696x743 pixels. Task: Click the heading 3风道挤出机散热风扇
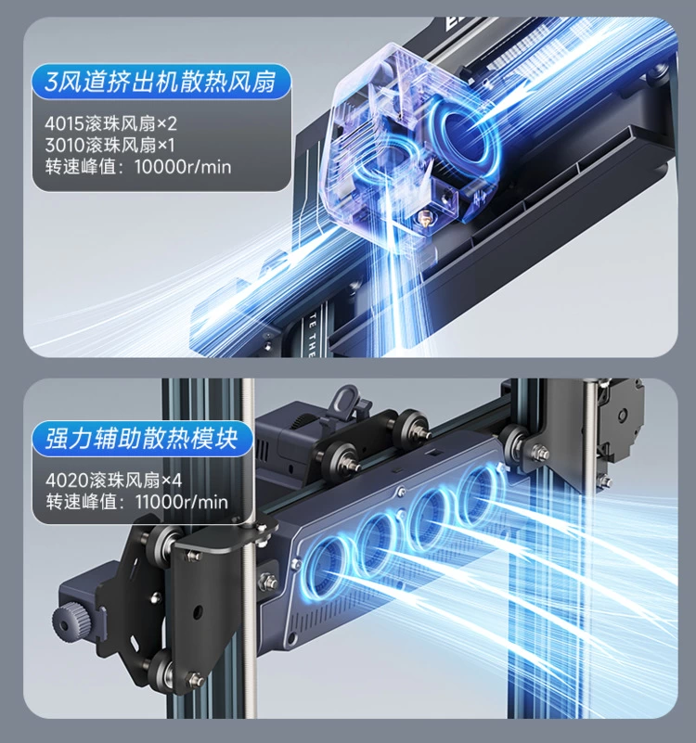click(160, 82)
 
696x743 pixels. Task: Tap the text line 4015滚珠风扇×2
click(110, 123)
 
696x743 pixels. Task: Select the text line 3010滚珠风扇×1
click(110, 145)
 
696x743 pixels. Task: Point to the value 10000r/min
click(183, 167)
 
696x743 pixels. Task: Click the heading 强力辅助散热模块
click(141, 438)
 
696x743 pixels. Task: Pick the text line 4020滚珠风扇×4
click(113, 480)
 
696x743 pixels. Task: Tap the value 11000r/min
click(182, 502)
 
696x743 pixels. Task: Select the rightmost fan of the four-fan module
click(478, 490)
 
